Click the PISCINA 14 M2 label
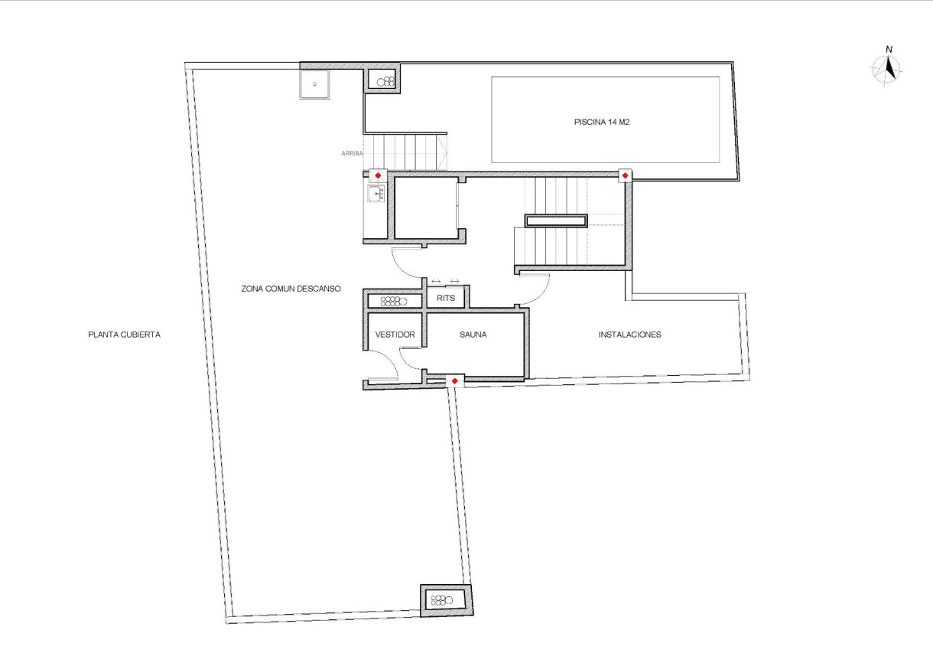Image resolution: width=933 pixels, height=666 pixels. pos(601,121)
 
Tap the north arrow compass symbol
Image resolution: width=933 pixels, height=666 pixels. pos(888,69)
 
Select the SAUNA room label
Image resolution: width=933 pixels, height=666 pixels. pos(473,335)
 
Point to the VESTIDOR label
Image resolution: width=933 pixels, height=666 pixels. pos(395,335)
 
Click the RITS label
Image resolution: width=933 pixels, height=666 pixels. pos(446,298)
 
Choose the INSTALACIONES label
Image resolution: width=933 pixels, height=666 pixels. pos(629,335)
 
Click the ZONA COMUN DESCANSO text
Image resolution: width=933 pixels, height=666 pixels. pos(291,289)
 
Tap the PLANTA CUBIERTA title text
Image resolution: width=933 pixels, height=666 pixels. pos(124,335)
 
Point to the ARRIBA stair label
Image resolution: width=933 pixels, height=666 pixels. pos(351,154)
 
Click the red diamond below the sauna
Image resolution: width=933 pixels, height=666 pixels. pos(455,380)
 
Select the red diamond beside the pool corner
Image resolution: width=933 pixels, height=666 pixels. pos(625,176)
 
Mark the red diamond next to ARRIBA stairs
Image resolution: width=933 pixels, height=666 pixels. pos(378,176)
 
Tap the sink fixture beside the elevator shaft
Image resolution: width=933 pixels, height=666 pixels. pos(375,194)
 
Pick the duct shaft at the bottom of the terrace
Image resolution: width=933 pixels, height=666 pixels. pos(447,599)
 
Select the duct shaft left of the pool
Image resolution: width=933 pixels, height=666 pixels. pos(382,80)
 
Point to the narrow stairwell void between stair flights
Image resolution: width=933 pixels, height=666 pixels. pos(556,221)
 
